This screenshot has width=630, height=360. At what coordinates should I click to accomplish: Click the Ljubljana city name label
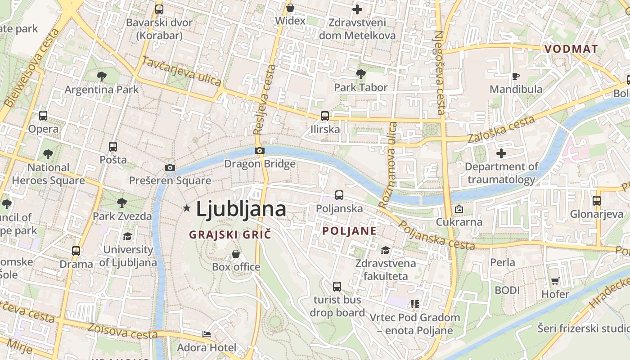[x=241, y=209]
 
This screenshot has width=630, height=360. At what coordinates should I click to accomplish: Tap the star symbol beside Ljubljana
[x=187, y=208]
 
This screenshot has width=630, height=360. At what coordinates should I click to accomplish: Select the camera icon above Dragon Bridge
[x=259, y=151]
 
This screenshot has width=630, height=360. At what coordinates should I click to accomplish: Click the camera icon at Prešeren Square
[x=170, y=167]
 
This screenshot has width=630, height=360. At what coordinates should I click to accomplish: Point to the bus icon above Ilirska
[x=325, y=116]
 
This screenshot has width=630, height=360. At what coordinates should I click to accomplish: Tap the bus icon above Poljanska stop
[x=339, y=195]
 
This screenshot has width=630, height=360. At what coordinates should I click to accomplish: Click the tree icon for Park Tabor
[x=360, y=74]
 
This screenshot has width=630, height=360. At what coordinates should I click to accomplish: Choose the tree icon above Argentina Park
[x=102, y=76]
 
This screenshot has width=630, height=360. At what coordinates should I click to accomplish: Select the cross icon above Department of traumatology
[x=501, y=153]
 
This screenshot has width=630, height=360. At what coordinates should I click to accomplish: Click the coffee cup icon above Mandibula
[x=516, y=76]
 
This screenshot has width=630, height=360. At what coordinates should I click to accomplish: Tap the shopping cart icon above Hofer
[x=555, y=281]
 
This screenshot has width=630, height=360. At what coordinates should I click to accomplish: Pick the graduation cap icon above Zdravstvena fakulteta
[x=386, y=250]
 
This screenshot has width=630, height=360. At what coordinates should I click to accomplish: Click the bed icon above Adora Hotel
[x=207, y=334]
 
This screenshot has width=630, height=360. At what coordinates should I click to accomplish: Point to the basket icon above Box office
[x=236, y=254]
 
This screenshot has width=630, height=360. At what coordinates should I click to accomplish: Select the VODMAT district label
[x=571, y=49]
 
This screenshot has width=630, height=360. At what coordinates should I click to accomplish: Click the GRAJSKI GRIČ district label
[x=230, y=234]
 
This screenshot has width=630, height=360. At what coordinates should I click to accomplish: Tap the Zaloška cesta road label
[x=501, y=129]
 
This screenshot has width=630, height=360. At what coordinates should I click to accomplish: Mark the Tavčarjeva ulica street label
[x=181, y=71]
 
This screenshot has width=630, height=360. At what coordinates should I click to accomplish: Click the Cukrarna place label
[x=459, y=222]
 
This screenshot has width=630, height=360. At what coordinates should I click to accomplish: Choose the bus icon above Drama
[x=76, y=251]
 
